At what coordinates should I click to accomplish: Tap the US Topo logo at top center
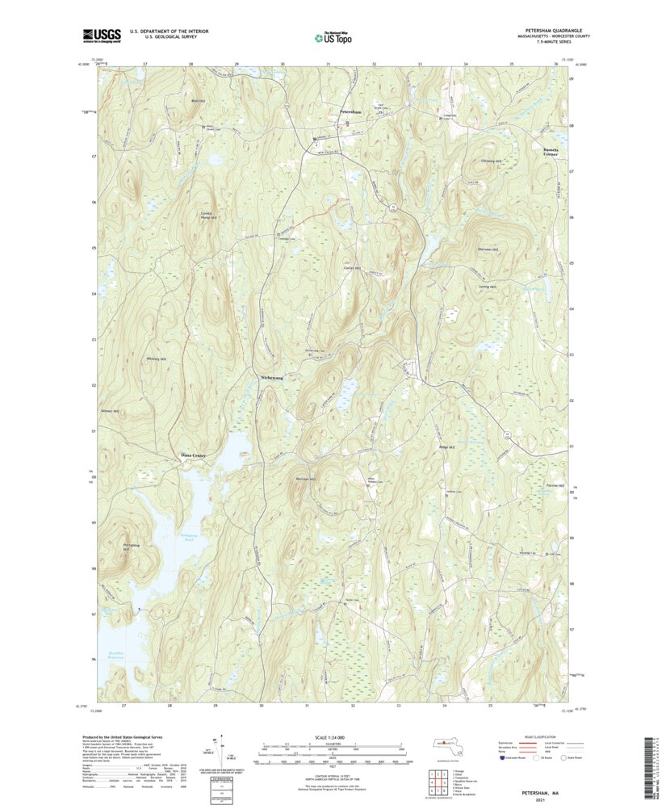(334, 36)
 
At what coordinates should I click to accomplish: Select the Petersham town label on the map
(350, 111)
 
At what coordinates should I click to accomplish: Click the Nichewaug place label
(272, 377)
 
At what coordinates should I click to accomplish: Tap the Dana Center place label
(193, 456)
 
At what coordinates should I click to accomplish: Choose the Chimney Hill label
(492, 161)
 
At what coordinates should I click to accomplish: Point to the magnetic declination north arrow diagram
(216, 747)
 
